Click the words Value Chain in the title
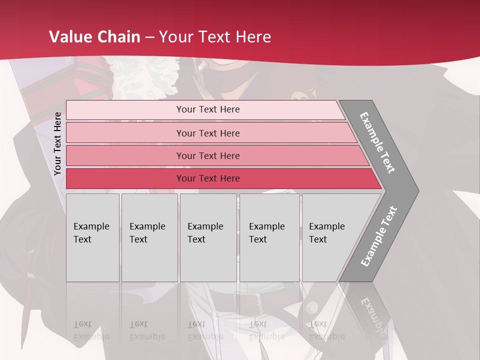[95, 37]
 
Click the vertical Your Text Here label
[57, 144]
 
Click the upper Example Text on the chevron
[378, 142]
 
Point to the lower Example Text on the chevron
[379, 236]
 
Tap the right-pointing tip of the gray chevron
[416, 190]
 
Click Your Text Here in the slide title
[215, 37]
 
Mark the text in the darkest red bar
[208, 178]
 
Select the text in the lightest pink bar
[208, 109]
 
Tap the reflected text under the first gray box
[91, 331]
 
